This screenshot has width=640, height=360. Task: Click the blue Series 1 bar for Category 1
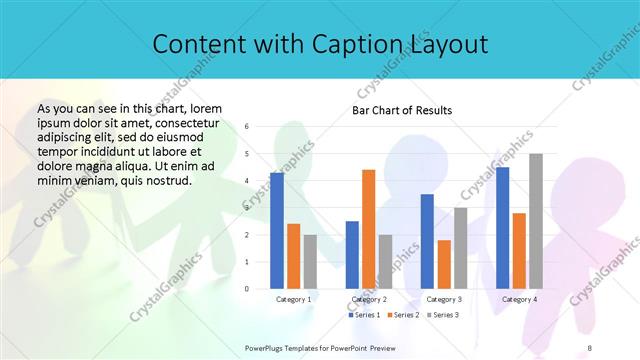[x=277, y=231]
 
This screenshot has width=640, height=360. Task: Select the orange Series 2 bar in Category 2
[x=369, y=229]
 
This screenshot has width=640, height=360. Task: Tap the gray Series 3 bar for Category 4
[x=536, y=221]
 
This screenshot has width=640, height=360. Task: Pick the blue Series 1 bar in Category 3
[x=427, y=241]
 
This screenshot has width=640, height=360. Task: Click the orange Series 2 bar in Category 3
[x=444, y=264]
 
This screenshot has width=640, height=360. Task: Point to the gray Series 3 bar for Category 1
[x=311, y=262]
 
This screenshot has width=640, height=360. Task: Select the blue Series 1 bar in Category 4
[x=502, y=228]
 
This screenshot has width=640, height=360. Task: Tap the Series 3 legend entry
[x=443, y=315]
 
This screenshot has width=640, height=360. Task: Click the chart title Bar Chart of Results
[x=402, y=110]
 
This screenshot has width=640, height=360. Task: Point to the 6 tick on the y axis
[x=247, y=127]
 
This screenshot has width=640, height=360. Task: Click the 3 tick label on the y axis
[x=247, y=208]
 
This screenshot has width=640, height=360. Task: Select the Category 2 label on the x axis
[x=368, y=299]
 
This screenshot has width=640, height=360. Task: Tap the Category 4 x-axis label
[x=519, y=299]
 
